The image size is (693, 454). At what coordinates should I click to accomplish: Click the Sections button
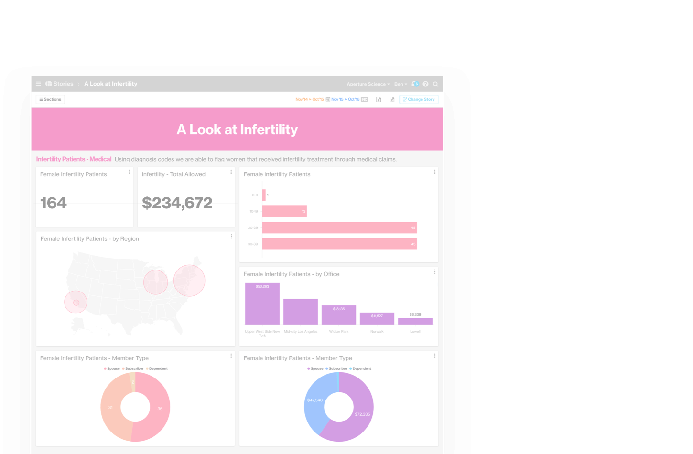click(x=50, y=99)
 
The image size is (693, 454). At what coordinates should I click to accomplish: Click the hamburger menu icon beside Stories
click(x=38, y=84)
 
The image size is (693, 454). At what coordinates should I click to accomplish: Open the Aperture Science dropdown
click(x=368, y=84)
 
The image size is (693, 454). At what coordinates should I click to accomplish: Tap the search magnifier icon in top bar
click(x=435, y=84)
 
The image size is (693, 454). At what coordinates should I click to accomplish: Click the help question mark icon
click(x=425, y=84)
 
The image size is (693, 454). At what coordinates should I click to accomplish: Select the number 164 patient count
click(x=54, y=203)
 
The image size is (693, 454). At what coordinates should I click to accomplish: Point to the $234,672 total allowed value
click(x=177, y=203)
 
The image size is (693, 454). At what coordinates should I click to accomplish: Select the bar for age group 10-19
click(x=284, y=211)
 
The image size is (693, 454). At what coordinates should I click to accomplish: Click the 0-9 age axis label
click(x=255, y=195)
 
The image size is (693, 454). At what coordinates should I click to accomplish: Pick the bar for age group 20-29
click(x=339, y=228)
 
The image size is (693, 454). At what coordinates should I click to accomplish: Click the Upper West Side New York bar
click(x=262, y=304)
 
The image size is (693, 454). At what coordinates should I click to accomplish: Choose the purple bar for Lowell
click(x=415, y=322)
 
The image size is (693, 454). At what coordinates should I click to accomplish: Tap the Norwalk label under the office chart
click(x=377, y=331)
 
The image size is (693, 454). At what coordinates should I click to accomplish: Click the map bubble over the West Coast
click(x=76, y=302)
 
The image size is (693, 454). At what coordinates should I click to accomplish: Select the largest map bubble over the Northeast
click(x=189, y=281)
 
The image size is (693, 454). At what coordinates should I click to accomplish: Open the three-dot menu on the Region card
click(x=231, y=237)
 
